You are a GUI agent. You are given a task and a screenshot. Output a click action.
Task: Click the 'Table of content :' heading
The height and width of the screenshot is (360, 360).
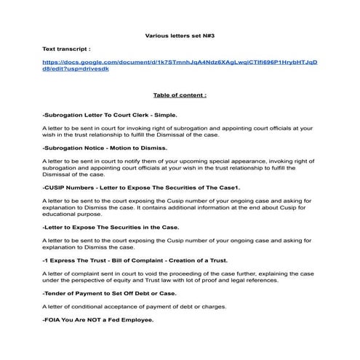point(180,95)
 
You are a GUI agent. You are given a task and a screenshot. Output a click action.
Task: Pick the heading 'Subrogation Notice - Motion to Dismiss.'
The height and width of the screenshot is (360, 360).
point(105,148)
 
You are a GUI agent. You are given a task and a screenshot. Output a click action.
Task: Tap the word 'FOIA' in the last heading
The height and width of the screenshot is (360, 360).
point(53,320)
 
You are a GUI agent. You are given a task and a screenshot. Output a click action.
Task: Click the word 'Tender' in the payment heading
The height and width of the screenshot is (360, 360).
point(55,293)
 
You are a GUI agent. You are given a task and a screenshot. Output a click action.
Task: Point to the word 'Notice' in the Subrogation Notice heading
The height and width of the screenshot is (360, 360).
point(90,148)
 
